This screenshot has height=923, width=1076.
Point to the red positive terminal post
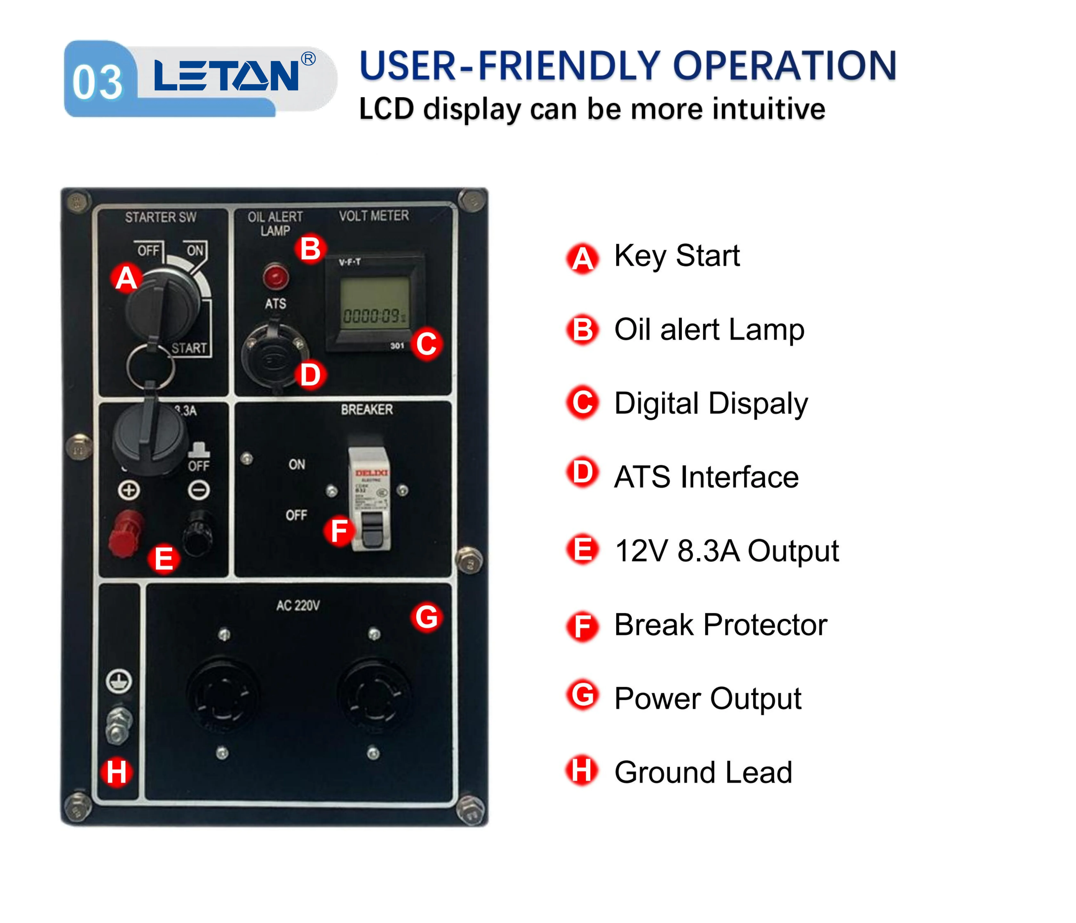pos(125,533)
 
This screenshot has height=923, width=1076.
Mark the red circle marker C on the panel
pos(426,344)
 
